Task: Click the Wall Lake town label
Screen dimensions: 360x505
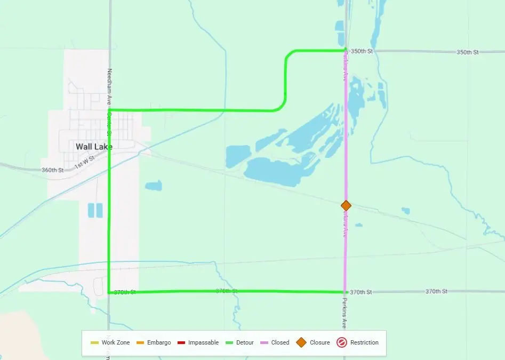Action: pyautogui.click(x=94, y=146)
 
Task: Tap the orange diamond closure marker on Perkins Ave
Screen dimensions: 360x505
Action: pyautogui.click(x=346, y=205)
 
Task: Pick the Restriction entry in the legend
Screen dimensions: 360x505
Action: pyautogui.click(x=358, y=342)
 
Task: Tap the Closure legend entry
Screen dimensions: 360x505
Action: pyautogui.click(x=315, y=342)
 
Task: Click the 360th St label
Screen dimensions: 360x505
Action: pyautogui.click(x=52, y=170)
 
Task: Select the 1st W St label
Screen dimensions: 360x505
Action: pyautogui.click(x=84, y=162)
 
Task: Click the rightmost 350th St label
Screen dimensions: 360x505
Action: pyautogui.click(x=467, y=52)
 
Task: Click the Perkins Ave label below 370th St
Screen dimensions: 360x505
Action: pyautogui.click(x=344, y=313)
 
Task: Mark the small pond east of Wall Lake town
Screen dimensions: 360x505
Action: pyautogui.click(x=153, y=186)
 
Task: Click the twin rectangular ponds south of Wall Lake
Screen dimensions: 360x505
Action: pyautogui.click(x=94, y=210)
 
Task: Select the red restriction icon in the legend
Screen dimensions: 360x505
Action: pyautogui.click(x=342, y=342)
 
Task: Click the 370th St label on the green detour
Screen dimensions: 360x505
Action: pyautogui.click(x=227, y=291)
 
